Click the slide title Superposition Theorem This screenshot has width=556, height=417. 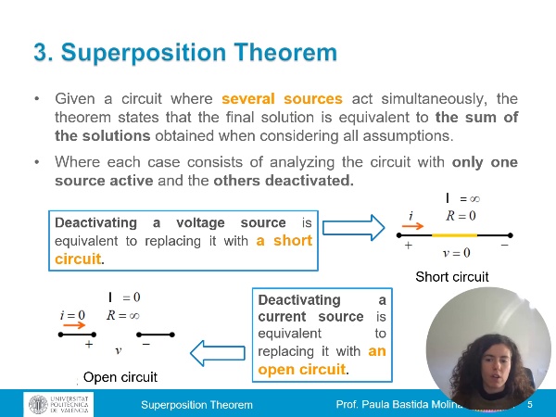pos(185,53)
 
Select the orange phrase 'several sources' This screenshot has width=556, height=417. pos(282,98)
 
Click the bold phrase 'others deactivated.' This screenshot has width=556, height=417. pos(284,181)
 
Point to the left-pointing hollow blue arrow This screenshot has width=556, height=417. pos(219,350)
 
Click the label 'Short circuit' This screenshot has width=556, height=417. pos(451,276)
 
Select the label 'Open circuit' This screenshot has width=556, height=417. pos(120,377)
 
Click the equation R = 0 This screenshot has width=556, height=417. pos(461,217)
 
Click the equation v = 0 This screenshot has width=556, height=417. pos(457,252)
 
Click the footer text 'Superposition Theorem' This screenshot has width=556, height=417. pos(196,406)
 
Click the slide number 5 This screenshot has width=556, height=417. pos(530,406)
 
